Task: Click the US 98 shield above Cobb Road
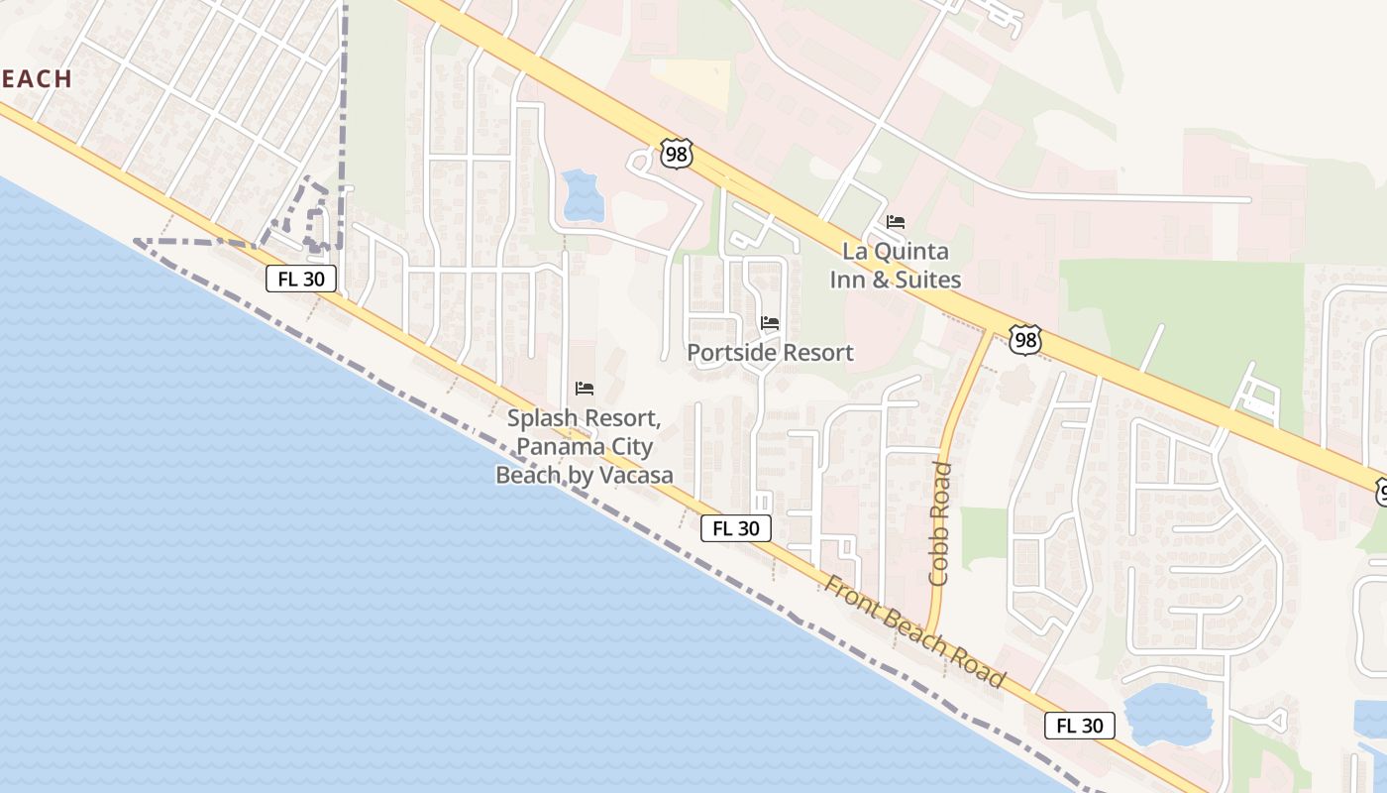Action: click(1025, 339)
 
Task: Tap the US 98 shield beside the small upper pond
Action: click(676, 154)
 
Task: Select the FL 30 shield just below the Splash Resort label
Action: click(735, 528)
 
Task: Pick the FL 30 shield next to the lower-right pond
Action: click(1079, 726)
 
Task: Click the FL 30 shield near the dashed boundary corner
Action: click(301, 279)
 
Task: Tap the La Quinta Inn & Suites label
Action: click(895, 266)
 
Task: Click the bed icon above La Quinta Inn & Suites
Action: click(896, 221)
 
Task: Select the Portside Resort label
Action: click(770, 353)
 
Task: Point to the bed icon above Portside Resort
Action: click(770, 322)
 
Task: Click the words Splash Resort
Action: click(581, 418)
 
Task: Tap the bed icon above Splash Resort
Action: click(585, 388)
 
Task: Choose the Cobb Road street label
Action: click(940, 522)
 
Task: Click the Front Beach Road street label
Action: click(914, 632)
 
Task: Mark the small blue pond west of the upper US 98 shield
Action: click(582, 195)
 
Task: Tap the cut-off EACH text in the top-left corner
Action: click(36, 79)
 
